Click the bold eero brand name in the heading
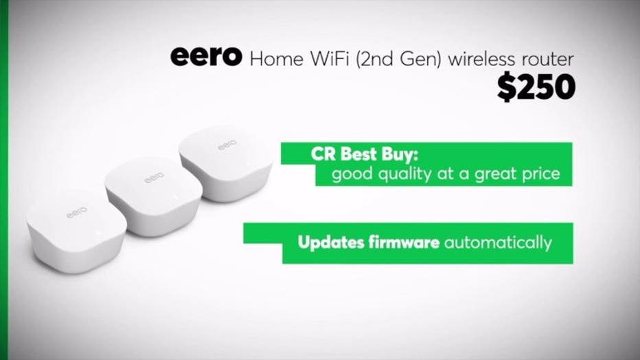click(206, 56)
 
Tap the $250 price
click(536, 87)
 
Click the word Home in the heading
click(277, 59)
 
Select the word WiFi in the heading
click(330, 59)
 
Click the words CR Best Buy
click(365, 155)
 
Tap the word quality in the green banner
click(404, 175)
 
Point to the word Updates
click(331, 243)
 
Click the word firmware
click(404, 242)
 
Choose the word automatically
click(498, 243)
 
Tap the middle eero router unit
click(154, 196)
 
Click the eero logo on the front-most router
click(77, 213)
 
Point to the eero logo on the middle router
click(155, 177)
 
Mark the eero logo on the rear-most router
click(227, 144)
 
